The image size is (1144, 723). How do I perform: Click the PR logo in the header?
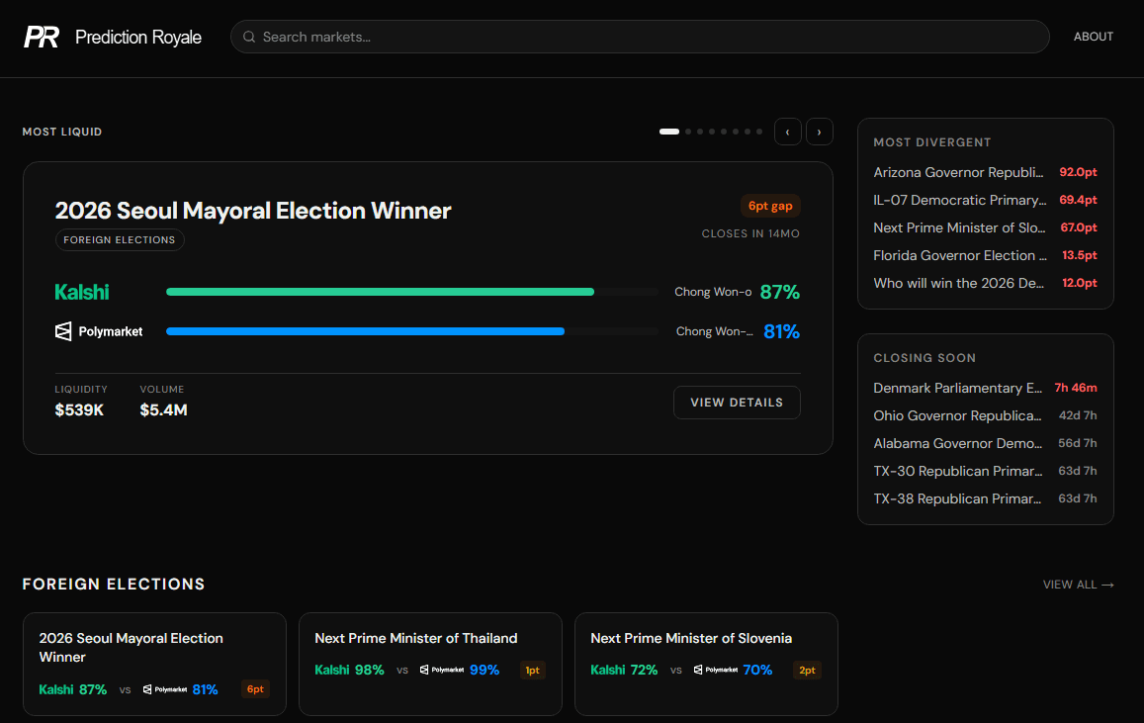coord(42,38)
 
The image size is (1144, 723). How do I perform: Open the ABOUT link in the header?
coord(1093,37)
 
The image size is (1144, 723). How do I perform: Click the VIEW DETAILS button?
coord(737,403)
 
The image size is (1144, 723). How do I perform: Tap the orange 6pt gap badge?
coord(770,206)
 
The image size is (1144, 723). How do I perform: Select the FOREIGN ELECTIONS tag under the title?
coord(120,239)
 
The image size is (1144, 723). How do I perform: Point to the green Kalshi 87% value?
coord(779,292)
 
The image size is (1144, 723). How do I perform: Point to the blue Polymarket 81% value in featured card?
coord(781,331)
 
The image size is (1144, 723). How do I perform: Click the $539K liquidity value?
coord(79,409)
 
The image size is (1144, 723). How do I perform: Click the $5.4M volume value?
coord(163,409)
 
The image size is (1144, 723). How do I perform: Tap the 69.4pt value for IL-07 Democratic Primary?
coord(1078,200)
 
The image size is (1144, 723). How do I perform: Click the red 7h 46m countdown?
coord(1076,388)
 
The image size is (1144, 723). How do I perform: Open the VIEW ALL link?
coord(1078,585)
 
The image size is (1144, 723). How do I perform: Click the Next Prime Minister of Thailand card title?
coord(416,638)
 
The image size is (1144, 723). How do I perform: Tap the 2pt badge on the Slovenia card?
coord(807,670)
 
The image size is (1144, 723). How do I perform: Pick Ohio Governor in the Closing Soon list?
coord(957,415)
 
